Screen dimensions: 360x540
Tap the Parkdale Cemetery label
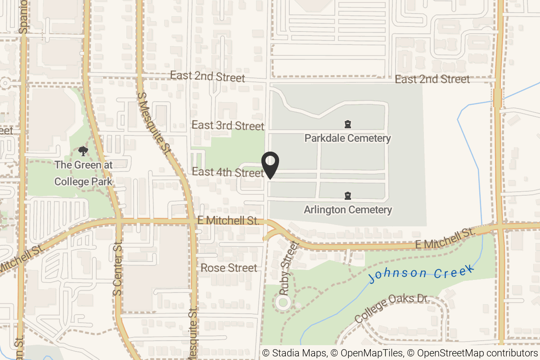[x=347, y=138]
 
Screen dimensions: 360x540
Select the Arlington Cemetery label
[x=347, y=210]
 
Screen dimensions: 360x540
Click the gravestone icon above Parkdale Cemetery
[x=347, y=124]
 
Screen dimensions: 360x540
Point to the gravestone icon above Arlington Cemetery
[x=347, y=195]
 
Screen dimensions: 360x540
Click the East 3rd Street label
[x=228, y=125]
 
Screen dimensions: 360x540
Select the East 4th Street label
[x=228, y=172]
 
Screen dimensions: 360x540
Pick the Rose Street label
[x=229, y=268]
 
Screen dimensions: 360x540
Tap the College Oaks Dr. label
[x=392, y=308]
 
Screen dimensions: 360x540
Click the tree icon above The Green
[x=83, y=151]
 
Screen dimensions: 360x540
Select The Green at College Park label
[x=83, y=173]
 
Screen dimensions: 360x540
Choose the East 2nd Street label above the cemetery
[x=432, y=80]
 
